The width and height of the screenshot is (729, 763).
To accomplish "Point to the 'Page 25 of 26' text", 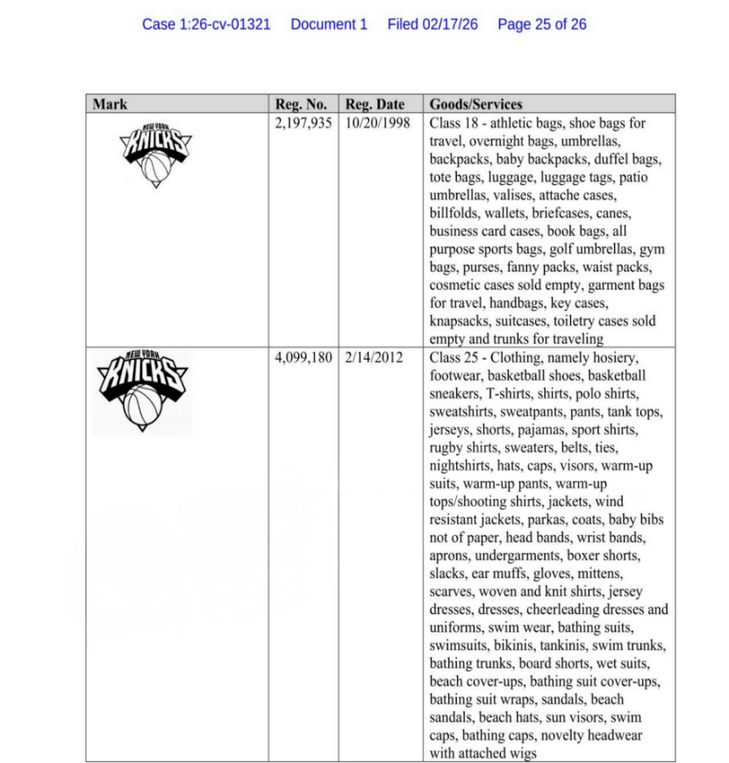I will pyautogui.click(x=542, y=25).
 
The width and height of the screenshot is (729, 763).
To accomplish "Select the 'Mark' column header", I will pyautogui.click(x=110, y=104).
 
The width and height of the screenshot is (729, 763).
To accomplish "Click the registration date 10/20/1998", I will pyautogui.click(x=378, y=123).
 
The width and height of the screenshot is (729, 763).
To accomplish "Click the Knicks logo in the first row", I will pyautogui.click(x=154, y=156).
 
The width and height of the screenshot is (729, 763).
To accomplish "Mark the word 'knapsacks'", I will pyautogui.click(x=458, y=321).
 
